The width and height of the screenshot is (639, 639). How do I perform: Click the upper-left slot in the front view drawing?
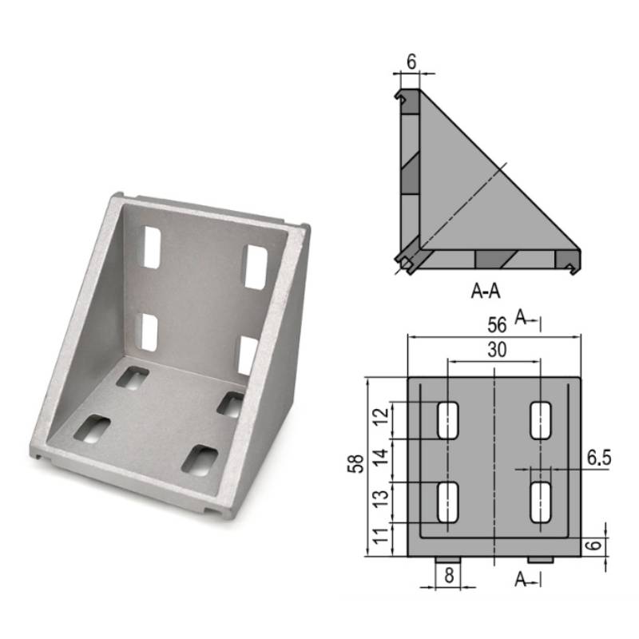tap(448, 419)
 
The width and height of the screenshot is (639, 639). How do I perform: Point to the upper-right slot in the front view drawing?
tap(542, 419)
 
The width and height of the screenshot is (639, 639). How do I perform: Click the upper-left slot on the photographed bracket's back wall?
tap(150, 246)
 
